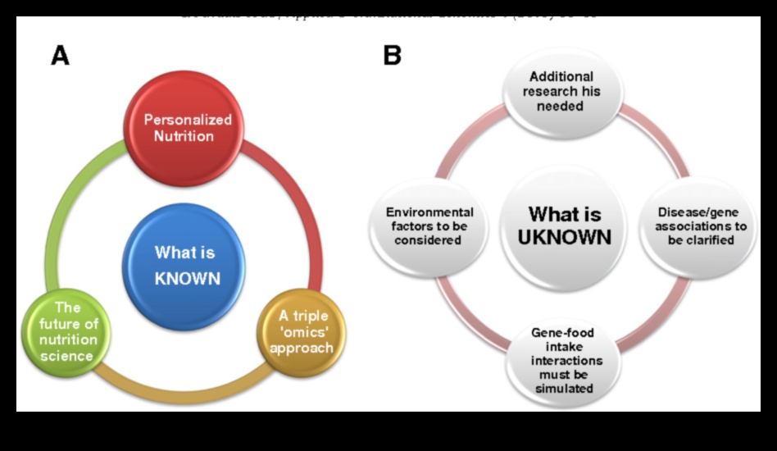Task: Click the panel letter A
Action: tap(60, 55)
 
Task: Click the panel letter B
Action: tap(392, 55)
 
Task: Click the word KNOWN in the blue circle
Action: tap(188, 278)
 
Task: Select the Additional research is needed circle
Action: tap(561, 91)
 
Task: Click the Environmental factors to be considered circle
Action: tap(429, 225)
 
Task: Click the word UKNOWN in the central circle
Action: tap(565, 238)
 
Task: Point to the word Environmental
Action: tap(429, 212)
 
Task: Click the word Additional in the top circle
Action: tap(561, 76)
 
